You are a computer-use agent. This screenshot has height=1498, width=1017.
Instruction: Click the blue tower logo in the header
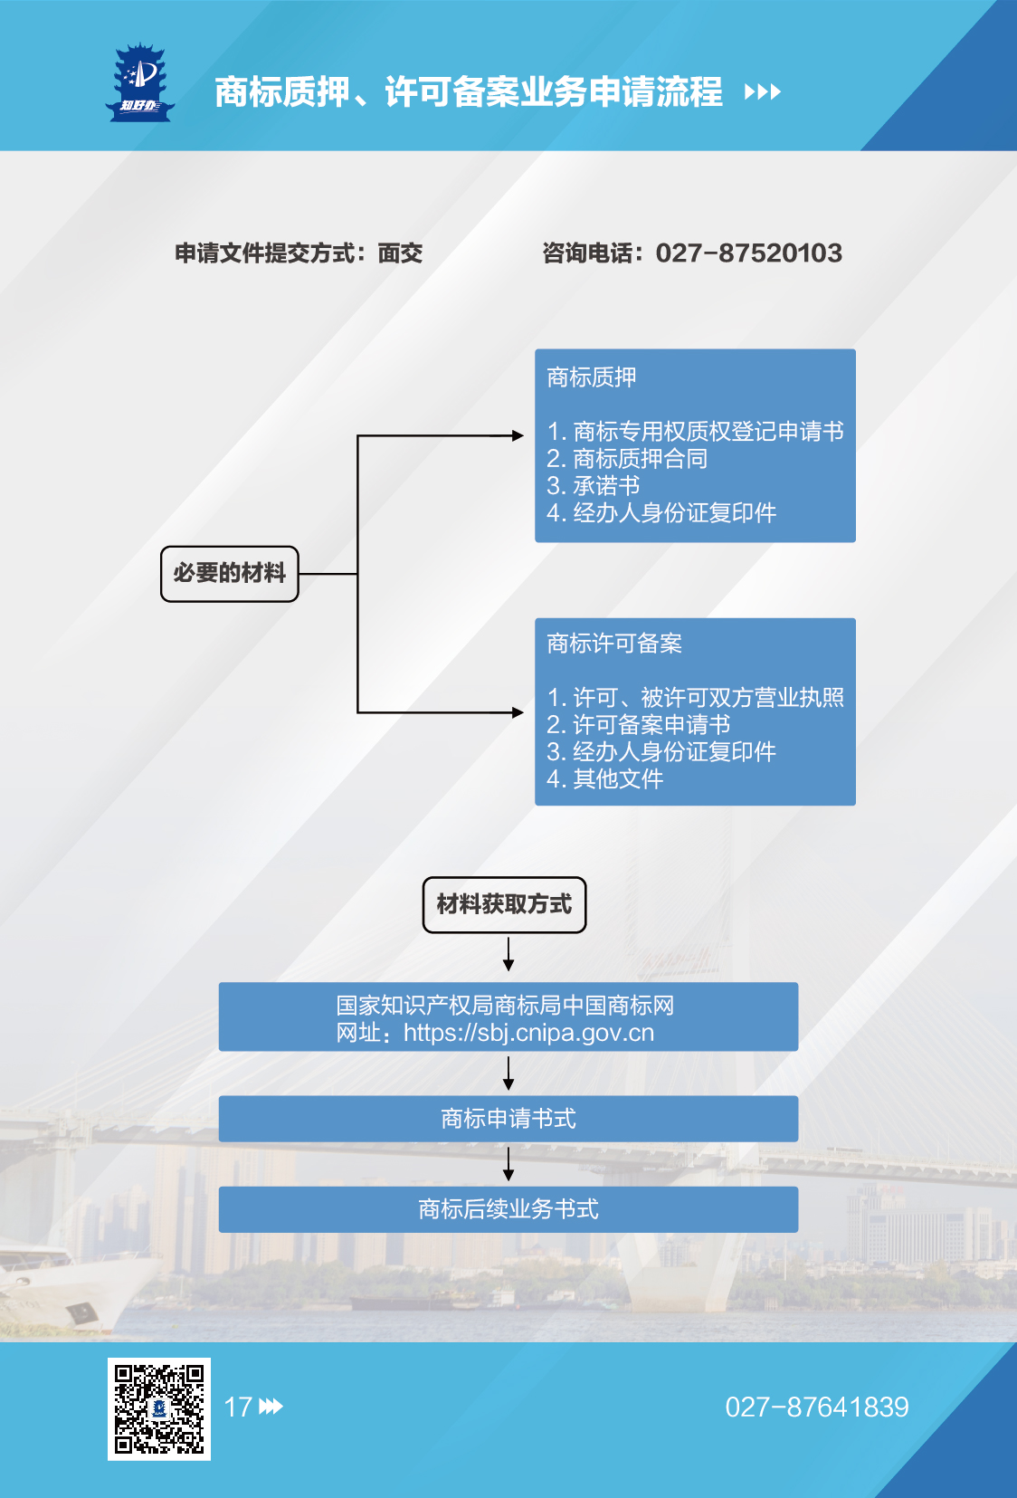point(139,83)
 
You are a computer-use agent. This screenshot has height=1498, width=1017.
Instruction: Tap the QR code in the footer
point(159,1408)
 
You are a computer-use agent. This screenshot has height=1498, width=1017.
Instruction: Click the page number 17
point(238,1407)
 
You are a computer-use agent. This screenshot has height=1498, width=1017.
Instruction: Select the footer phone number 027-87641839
point(817,1407)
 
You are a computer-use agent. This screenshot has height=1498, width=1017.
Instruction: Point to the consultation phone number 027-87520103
point(749,253)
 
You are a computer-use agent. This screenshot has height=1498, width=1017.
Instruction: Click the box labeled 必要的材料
point(229,574)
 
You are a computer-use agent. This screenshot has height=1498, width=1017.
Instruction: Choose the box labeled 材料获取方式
point(504,905)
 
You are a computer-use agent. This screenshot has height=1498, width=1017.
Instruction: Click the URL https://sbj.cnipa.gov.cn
point(529,1034)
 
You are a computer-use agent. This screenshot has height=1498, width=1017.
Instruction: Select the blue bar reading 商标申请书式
point(508,1119)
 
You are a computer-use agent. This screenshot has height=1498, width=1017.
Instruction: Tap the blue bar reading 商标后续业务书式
point(508,1209)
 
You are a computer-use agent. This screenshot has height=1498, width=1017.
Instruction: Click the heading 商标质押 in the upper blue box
point(591,377)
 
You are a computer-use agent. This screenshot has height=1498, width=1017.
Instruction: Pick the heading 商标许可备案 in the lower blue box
point(613,644)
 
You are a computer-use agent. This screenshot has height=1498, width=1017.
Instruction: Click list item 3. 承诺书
point(593,485)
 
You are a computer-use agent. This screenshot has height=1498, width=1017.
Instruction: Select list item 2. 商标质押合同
point(626,459)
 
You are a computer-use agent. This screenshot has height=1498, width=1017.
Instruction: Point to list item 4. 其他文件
point(604,778)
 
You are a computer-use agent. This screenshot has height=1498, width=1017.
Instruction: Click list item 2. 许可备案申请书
point(638,724)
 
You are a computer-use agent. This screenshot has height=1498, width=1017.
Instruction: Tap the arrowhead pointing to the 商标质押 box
point(518,436)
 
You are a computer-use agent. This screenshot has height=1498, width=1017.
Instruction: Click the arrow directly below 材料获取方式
point(508,954)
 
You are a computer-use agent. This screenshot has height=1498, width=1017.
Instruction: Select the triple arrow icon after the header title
point(762,91)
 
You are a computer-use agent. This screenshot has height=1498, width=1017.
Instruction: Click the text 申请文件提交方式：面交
point(299,253)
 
